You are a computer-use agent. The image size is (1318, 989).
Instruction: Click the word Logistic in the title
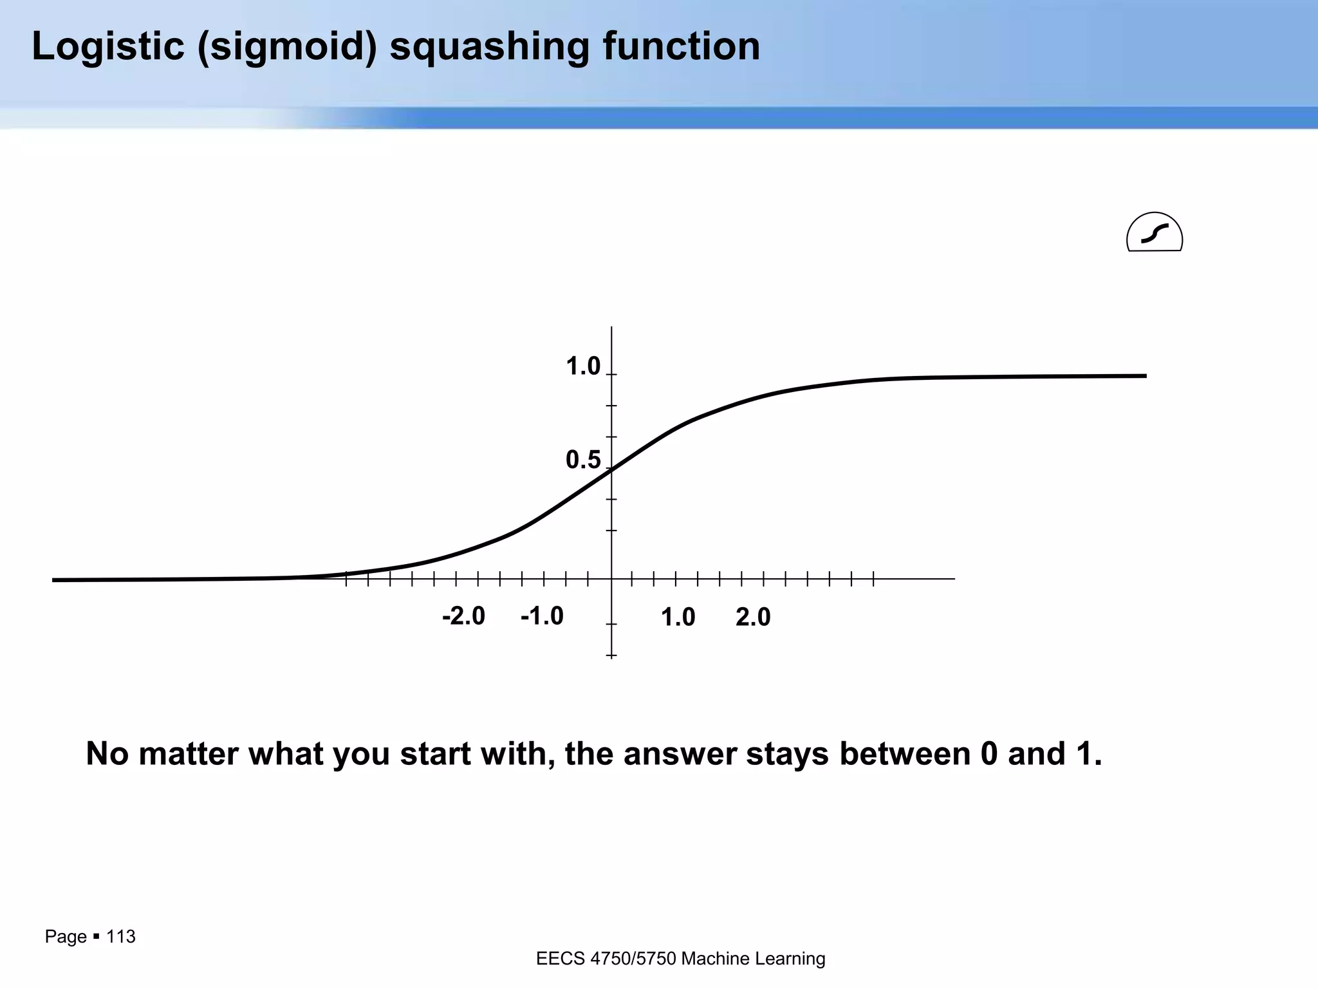point(108,46)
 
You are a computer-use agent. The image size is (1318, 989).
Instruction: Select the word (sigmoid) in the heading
point(287,46)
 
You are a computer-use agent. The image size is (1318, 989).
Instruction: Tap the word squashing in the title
point(489,46)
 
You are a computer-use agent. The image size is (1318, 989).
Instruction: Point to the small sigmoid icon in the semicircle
point(1155,234)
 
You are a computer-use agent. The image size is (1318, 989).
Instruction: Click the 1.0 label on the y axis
point(582,367)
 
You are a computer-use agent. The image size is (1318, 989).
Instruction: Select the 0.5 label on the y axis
point(582,460)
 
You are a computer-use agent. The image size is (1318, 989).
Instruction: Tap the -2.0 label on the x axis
point(463,616)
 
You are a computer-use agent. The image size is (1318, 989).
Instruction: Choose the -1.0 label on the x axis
point(542,616)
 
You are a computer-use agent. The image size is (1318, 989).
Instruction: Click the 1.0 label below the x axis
point(678,617)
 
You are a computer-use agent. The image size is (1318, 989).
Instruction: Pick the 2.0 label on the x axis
point(753,617)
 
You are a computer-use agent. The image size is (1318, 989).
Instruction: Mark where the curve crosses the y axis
point(611,469)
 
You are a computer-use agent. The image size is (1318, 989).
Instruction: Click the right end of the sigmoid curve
point(1144,375)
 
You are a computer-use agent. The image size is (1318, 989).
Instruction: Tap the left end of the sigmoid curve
point(55,580)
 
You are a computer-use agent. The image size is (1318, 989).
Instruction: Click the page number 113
point(121,936)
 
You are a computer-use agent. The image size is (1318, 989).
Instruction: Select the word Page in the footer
point(66,936)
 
